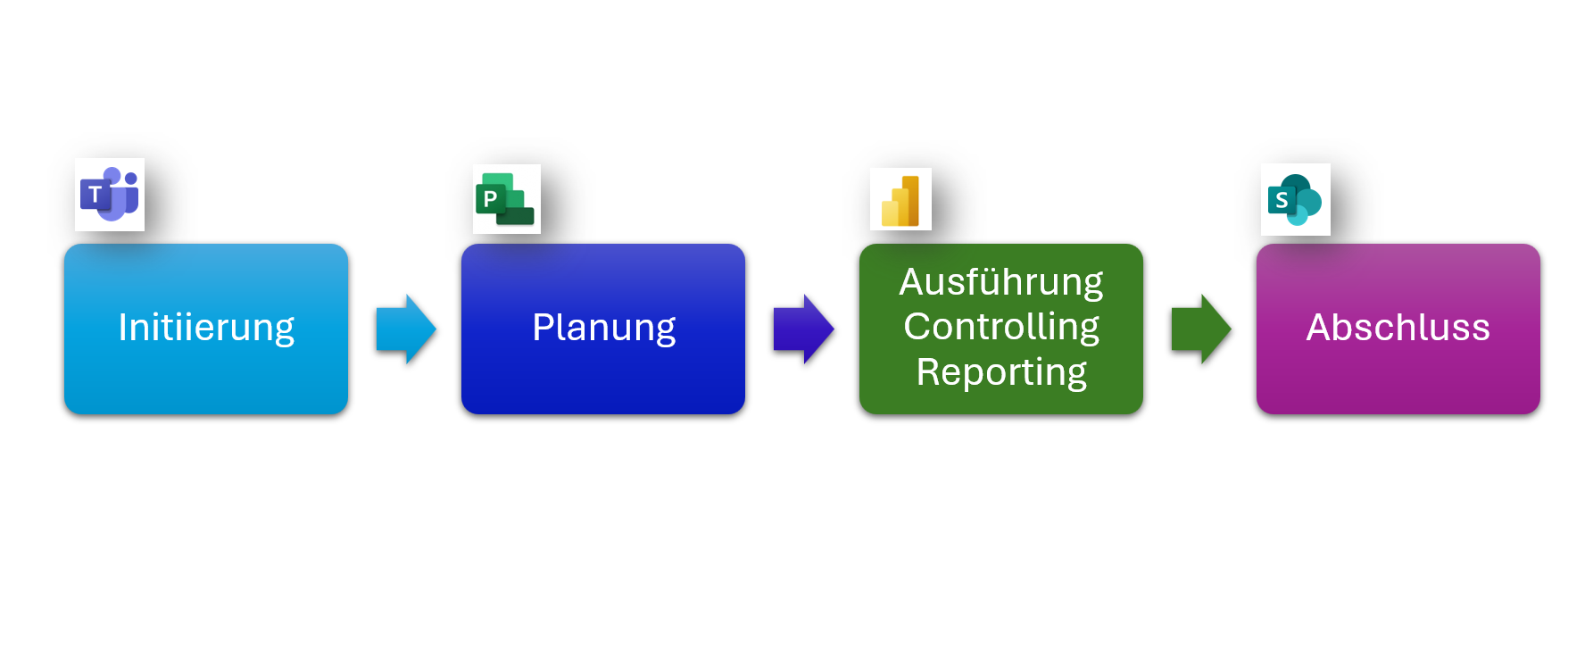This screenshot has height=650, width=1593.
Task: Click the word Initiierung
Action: [206, 328]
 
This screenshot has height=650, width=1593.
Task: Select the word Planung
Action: [603, 328]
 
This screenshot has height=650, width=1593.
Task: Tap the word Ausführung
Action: [1000, 282]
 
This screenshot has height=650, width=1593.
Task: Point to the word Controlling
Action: [1000, 327]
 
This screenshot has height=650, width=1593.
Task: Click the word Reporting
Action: [1000, 371]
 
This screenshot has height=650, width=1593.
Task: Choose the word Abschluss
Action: [1398, 328]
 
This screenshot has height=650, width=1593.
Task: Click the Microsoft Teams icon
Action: [110, 195]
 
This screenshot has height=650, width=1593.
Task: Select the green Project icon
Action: [506, 199]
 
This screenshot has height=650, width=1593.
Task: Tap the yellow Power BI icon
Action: [900, 200]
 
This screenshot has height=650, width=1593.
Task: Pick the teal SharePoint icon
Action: [1295, 200]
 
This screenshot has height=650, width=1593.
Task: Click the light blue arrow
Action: [406, 329]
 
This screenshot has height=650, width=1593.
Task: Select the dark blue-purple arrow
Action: [803, 329]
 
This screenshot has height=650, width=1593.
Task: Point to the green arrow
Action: [1201, 329]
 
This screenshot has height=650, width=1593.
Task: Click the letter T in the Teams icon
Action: [95, 195]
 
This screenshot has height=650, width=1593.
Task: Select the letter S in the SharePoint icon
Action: [1282, 200]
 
